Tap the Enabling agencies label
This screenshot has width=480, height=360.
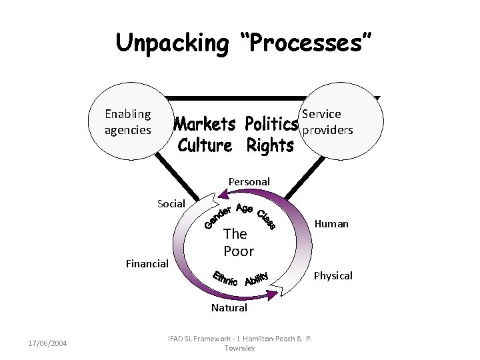128,121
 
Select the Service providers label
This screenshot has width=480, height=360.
327,122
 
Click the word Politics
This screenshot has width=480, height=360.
270,125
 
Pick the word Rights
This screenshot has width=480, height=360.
270,145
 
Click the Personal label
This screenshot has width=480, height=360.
249,181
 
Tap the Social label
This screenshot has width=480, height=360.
171,203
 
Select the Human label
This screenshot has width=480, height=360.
333,224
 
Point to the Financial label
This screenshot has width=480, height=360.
147,264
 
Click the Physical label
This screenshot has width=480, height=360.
333,275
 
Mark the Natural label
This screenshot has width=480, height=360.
229,307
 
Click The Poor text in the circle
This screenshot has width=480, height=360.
238,242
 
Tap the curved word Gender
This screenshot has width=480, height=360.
217,216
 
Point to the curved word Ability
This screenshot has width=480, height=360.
256,278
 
